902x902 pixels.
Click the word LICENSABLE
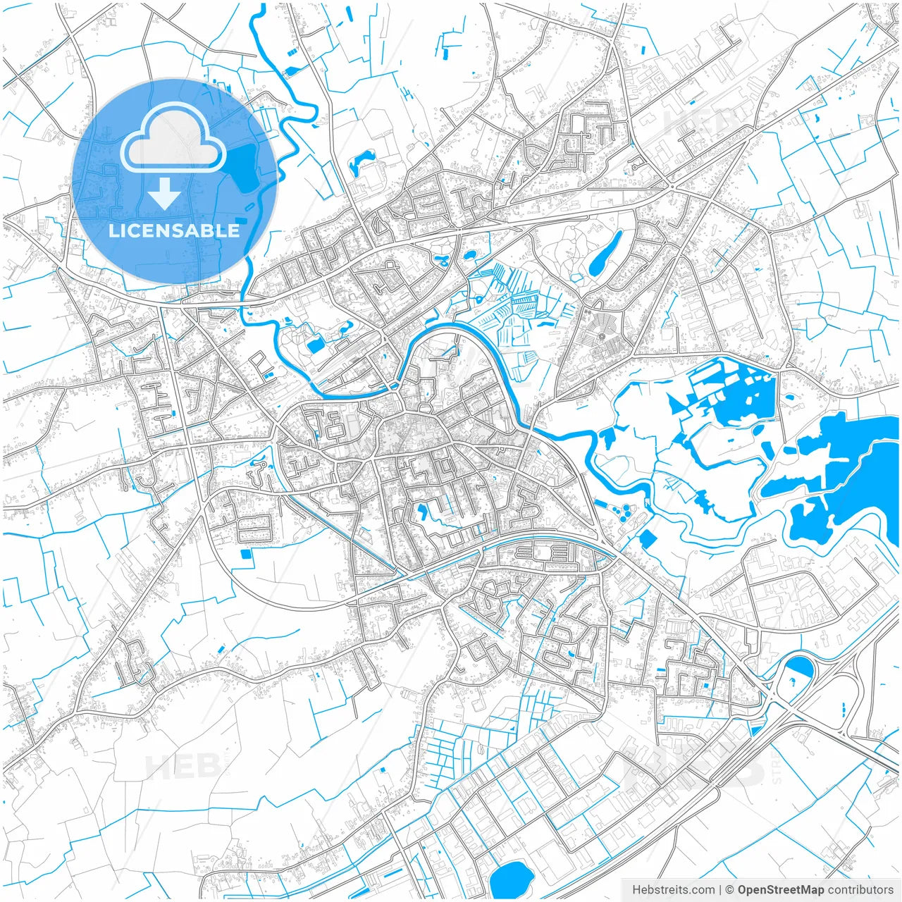click(x=174, y=230)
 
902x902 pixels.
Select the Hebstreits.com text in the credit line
click(x=673, y=890)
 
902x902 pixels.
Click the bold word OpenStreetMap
click(x=781, y=890)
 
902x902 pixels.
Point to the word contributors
click(x=860, y=890)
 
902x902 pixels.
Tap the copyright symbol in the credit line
click(x=730, y=890)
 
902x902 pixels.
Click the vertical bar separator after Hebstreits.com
click(x=719, y=890)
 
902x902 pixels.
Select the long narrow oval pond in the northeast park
click(x=605, y=254)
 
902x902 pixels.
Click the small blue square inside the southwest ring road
click(x=246, y=554)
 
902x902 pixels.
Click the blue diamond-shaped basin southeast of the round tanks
click(x=647, y=539)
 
